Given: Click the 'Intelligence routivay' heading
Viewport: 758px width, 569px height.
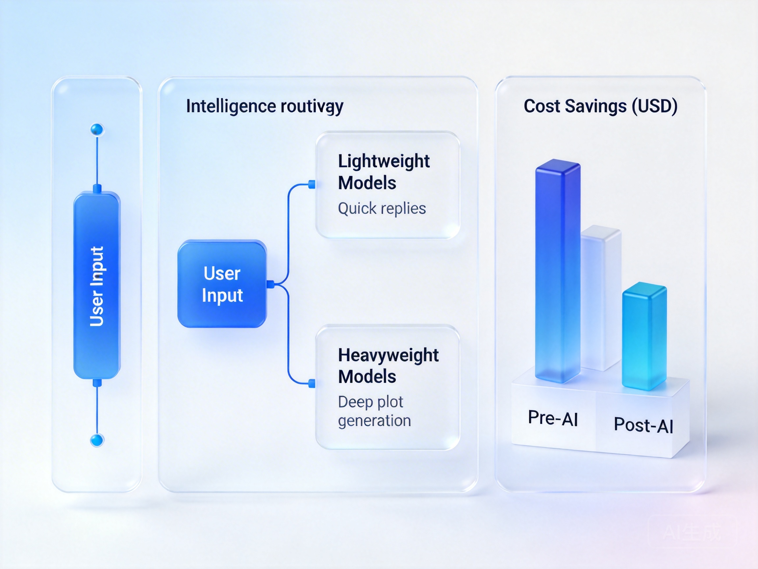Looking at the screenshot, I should (x=264, y=106).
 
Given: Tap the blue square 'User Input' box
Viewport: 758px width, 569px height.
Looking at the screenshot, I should (x=222, y=284).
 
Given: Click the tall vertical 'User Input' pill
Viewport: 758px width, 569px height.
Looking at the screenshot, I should (x=97, y=285).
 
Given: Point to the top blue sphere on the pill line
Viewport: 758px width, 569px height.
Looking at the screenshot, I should (x=97, y=130).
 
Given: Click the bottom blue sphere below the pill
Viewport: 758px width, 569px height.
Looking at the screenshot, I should (x=97, y=440).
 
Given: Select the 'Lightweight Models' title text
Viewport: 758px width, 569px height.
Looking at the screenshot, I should (x=384, y=172).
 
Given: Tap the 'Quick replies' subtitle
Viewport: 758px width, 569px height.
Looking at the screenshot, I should (x=382, y=208).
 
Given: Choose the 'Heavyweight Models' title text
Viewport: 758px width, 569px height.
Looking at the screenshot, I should (x=388, y=366).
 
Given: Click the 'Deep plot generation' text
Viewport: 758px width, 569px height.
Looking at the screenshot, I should (x=374, y=411).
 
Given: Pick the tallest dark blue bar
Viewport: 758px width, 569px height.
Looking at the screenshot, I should (x=558, y=271).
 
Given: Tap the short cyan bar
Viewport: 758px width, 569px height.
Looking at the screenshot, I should (x=644, y=336).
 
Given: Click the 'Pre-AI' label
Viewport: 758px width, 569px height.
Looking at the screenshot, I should (x=553, y=418).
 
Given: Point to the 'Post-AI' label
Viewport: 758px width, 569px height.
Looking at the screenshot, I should (x=643, y=425).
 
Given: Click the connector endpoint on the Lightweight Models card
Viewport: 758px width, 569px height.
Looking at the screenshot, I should (x=312, y=184).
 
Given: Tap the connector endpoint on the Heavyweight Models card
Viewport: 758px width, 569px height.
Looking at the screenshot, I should (x=312, y=383).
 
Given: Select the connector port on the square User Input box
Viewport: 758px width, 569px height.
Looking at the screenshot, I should (x=270, y=284).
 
